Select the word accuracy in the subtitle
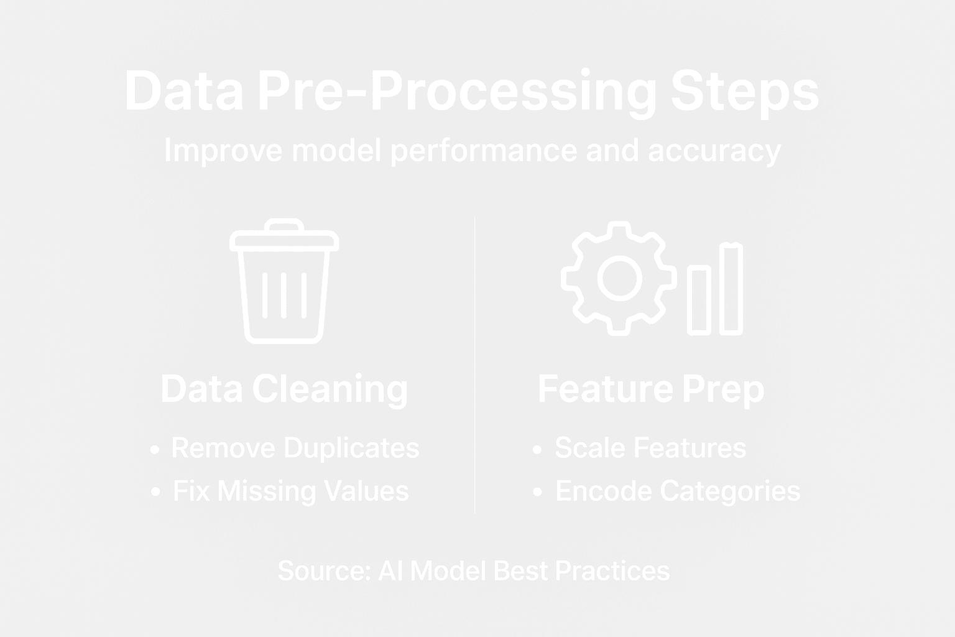click(x=714, y=151)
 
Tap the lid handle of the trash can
click(x=284, y=225)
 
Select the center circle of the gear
click(x=619, y=278)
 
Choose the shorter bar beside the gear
click(x=699, y=300)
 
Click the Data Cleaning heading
click(x=284, y=389)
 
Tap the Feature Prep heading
click(x=651, y=389)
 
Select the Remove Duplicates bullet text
click(x=295, y=448)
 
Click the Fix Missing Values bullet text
click(x=290, y=491)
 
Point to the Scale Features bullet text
click(x=650, y=448)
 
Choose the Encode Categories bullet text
click(x=678, y=491)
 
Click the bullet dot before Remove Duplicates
click(x=155, y=449)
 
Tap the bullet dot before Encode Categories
click(x=538, y=492)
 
